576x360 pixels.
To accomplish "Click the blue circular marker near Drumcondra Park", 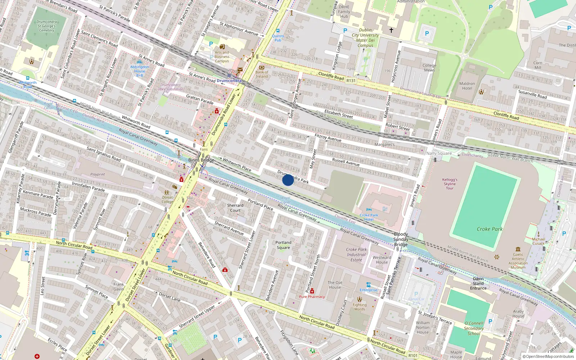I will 288,180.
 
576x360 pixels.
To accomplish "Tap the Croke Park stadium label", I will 489,229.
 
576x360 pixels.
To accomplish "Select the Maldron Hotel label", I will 467,86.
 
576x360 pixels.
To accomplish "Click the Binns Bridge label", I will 201,160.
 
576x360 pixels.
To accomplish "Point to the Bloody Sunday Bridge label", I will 401,239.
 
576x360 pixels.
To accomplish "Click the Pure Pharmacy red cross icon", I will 312,291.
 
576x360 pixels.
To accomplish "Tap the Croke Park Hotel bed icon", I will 369,210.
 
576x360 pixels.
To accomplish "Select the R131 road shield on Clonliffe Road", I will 351,81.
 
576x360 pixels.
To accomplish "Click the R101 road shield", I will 413,355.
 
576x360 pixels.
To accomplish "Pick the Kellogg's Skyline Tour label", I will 450,184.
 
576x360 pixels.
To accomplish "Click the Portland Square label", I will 283,245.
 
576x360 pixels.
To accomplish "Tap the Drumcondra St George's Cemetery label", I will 47,26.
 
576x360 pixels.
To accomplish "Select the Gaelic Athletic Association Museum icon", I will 518,249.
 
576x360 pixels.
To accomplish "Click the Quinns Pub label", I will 278,38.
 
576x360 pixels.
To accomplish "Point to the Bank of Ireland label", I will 262,74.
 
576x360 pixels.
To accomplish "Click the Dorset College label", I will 167,199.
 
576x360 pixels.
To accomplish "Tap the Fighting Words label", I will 359,307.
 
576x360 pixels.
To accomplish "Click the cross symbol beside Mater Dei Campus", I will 391,30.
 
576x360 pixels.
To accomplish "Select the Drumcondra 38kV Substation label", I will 171,87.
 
